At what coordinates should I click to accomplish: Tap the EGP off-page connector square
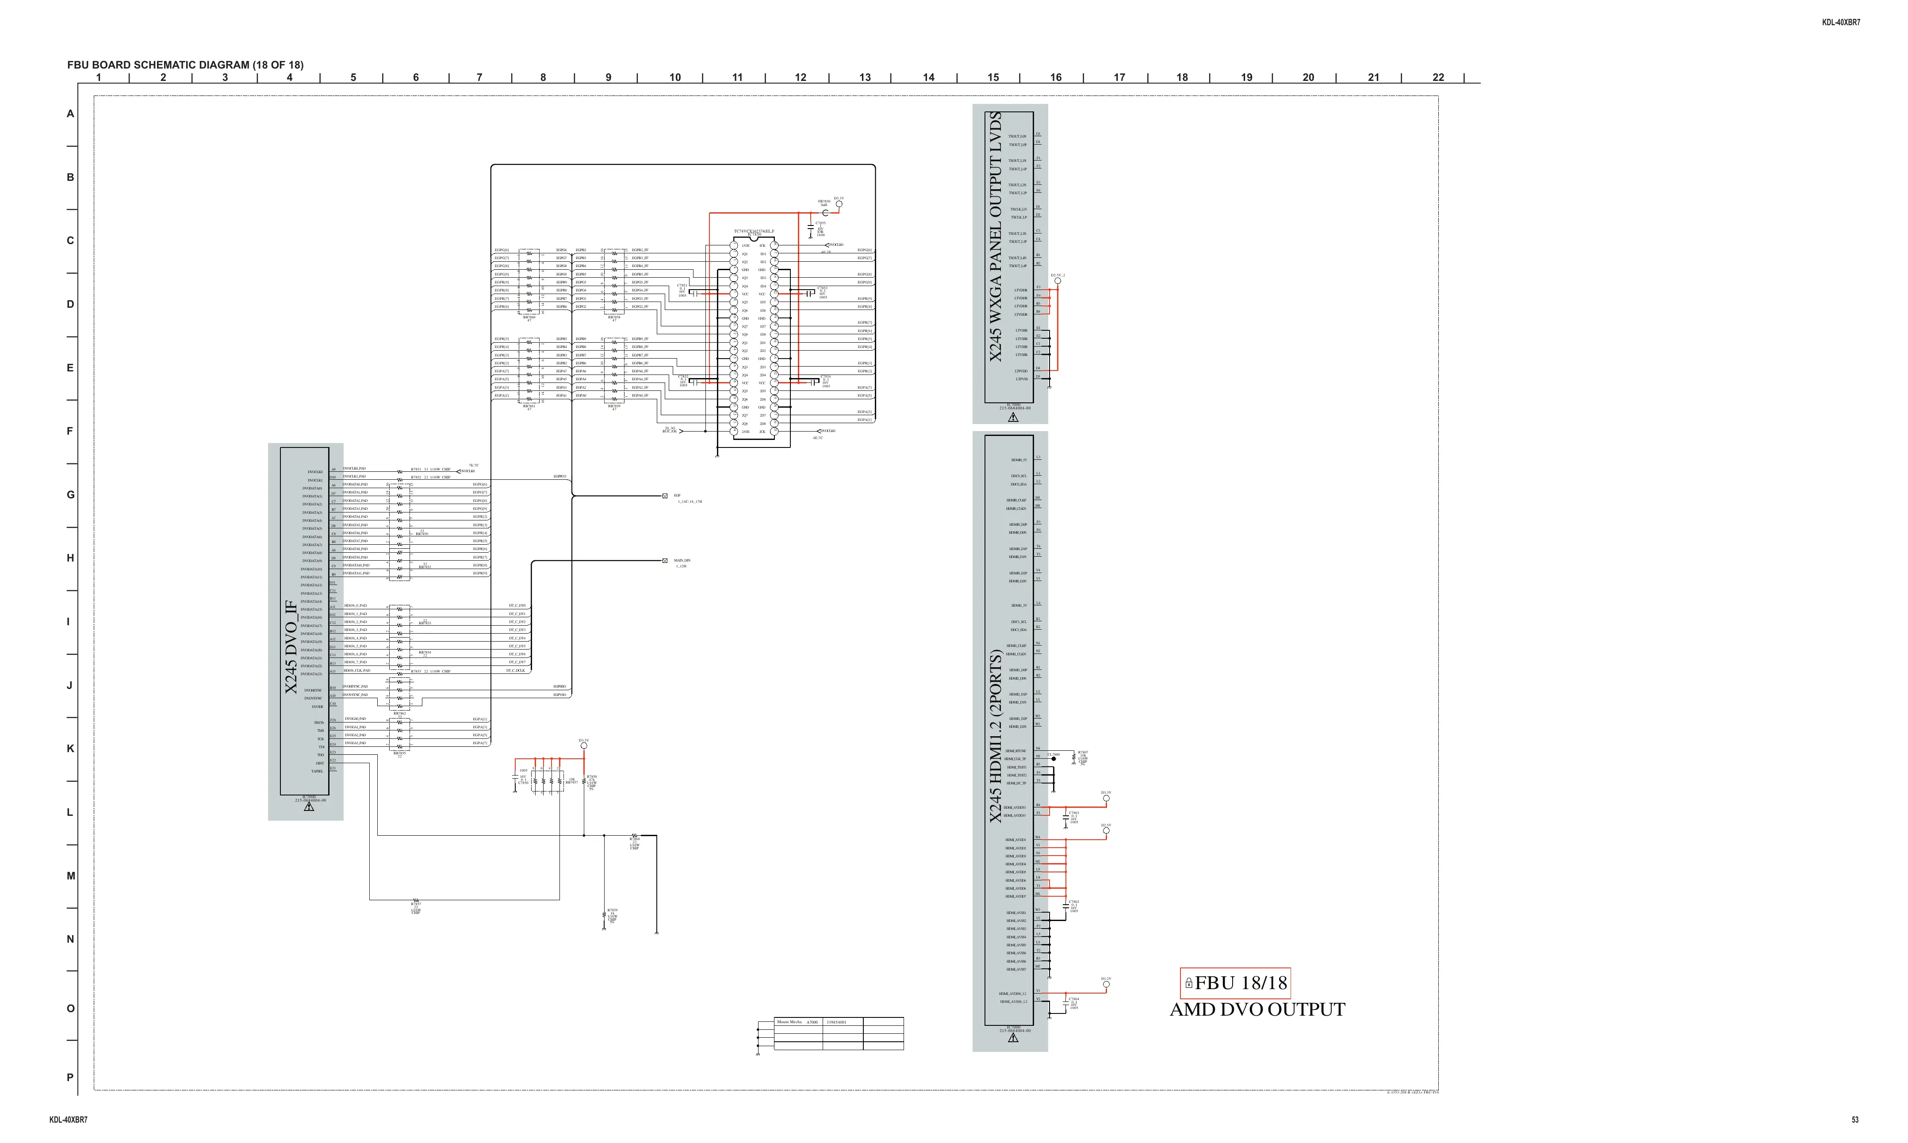(x=665, y=496)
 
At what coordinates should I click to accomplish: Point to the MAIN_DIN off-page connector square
(x=665, y=561)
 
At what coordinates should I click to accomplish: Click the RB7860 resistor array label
(x=529, y=317)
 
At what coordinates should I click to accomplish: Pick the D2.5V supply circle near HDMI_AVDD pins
(x=1106, y=831)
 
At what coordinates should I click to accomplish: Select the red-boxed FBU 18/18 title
(x=1235, y=983)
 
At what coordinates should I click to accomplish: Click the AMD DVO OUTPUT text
(x=1257, y=1010)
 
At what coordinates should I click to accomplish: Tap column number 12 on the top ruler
(x=801, y=77)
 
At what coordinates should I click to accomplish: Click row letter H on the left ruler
(x=70, y=558)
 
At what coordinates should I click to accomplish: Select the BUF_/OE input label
(x=669, y=431)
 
